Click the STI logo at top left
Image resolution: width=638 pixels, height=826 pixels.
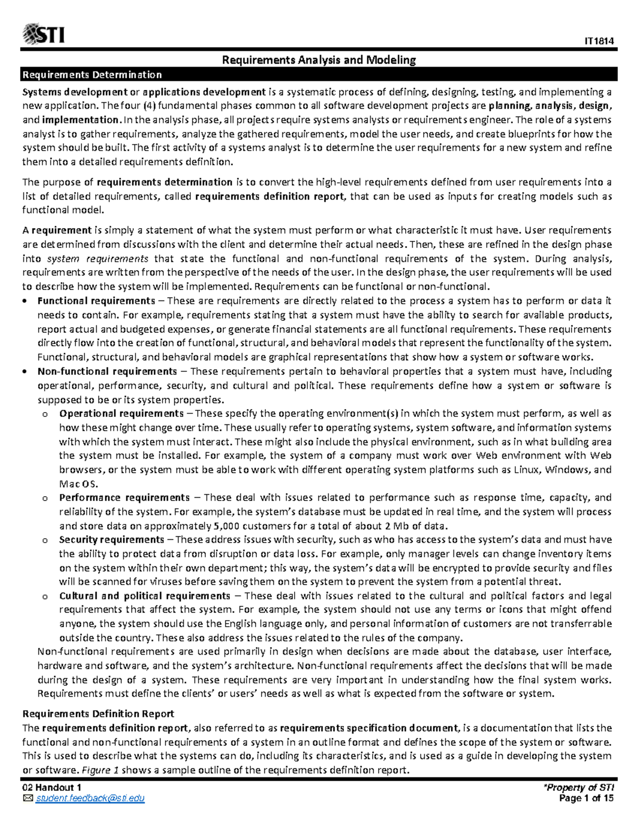(x=44, y=35)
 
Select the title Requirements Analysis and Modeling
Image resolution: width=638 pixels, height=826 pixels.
(x=318, y=60)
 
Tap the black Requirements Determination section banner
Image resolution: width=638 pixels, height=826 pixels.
(x=318, y=74)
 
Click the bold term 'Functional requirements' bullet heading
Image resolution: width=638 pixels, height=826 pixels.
(x=96, y=301)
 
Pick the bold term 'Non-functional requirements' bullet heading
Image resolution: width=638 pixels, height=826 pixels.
(x=107, y=371)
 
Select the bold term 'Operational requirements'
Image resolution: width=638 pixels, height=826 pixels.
(x=121, y=413)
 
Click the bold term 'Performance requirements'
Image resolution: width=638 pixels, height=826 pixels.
(x=124, y=498)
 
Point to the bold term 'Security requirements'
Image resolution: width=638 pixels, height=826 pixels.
(x=112, y=540)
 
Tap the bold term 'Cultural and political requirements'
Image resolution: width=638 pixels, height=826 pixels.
(x=145, y=596)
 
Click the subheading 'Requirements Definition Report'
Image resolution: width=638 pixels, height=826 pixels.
(x=98, y=714)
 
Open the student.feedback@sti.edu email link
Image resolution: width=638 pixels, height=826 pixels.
(x=90, y=798)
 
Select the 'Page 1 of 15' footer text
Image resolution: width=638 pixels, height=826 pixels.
(x=586, y=798)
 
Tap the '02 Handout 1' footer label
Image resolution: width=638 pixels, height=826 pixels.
(x=52, y=788)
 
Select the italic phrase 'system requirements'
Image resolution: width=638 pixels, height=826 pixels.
(x=98, y=259)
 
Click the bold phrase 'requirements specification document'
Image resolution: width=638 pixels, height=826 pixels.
(x=368, y=728)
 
